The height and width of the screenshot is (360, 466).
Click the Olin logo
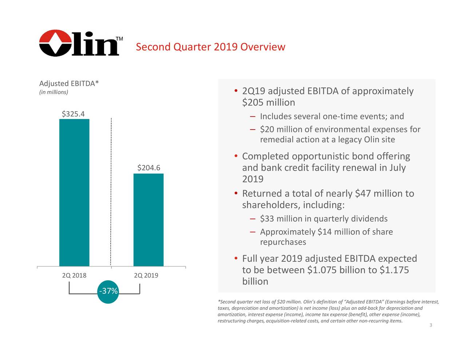click(79, 43)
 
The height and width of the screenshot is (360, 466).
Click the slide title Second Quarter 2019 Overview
click(210, 47)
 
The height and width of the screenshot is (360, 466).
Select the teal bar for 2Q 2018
click(74, 193)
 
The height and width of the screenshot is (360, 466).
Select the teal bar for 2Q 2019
click(148, 220)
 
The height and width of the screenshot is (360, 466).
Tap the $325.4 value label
click(73, 114)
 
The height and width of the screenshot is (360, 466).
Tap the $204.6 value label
click(149, 168)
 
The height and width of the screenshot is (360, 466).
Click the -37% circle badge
click(108, 291)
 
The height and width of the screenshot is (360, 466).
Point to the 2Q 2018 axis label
click(74, 275)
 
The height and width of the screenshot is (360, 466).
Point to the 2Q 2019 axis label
click(146, 275)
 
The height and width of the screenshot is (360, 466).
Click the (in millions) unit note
click(54, 92)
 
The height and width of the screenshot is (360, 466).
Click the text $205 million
click(268, 103)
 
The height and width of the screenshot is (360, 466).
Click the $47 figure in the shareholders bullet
click(363, 194)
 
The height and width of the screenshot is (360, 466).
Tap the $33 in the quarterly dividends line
click(267, 219)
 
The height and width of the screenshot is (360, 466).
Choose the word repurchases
click(283, 242)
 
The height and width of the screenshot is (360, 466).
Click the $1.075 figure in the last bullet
click(322, 270)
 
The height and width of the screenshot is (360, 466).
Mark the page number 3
click(431, 325)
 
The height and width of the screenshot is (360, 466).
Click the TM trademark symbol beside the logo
click(119, 39)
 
